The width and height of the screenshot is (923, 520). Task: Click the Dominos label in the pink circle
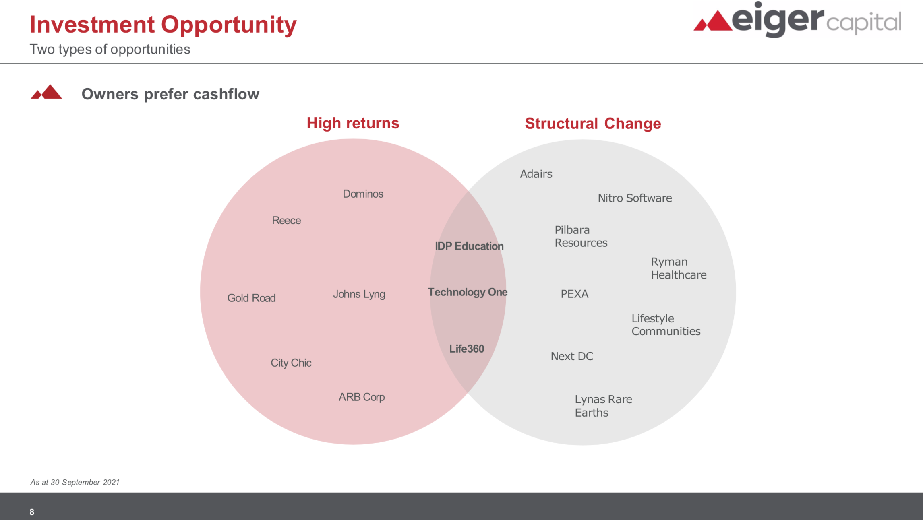pyautogui.click(x=363, y=194)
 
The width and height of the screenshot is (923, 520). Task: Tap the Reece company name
pyautogui.click(x=286, y=221)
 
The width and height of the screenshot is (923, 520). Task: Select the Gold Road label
pyautogui.click(x=251, y=298)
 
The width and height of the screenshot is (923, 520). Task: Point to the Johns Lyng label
pyautogui.click(x=359, y=295)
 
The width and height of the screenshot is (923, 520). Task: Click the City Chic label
pyautogui.click(x=291, y=363)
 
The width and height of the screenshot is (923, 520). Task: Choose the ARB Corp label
pyautogui.click(x=362, y=397)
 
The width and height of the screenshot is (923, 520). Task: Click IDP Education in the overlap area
pyautogui.click(x=469, y=246)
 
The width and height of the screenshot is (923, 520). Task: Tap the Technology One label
pyautogui.click(x=468, y=292)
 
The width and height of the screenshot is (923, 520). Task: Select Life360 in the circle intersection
pyautogui.click(x=467, y=349)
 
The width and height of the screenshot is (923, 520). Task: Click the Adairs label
pyautogui.click(x=536, y=174)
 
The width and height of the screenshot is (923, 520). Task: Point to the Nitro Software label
pyautogui.click(x=635, y=198)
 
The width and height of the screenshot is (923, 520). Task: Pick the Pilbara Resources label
pyautogui.click(x=581, y=236)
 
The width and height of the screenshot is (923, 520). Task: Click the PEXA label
pyautogui.click(x=575, y=294)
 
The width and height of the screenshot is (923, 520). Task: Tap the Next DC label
pyautogui.click(x=572, y=357)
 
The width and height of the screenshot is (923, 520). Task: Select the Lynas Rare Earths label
pyautogui.click(x=603, y=406)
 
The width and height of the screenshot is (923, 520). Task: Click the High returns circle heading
pyautogui.click(x=353, y=124)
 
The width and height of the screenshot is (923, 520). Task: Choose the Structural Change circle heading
pyautogui.click(x=593, y=124)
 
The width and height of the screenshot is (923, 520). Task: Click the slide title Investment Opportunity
pyautogui.click(x=163, y=25)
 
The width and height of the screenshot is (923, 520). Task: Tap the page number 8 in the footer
pyautogui.click(x=32, y=512)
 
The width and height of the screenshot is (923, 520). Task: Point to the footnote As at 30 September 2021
pyautogui.click(x=75, y=482)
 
